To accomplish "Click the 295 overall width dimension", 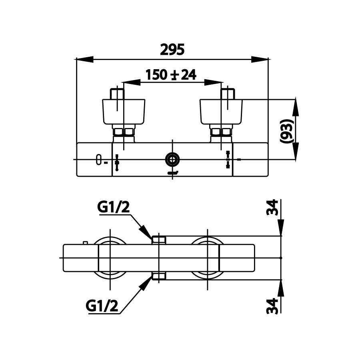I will [172, 50].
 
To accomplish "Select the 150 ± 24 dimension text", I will [171, 74].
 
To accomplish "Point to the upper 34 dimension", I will [273, 208].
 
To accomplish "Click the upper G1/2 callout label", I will [113, 208].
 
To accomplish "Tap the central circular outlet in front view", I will [172, 159].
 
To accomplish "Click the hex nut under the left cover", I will [124, 132].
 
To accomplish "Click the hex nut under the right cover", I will [220, 132].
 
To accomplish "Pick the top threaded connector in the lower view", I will [159, 240].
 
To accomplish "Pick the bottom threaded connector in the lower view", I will [159, 276].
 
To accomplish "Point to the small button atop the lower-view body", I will [84, 242].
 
